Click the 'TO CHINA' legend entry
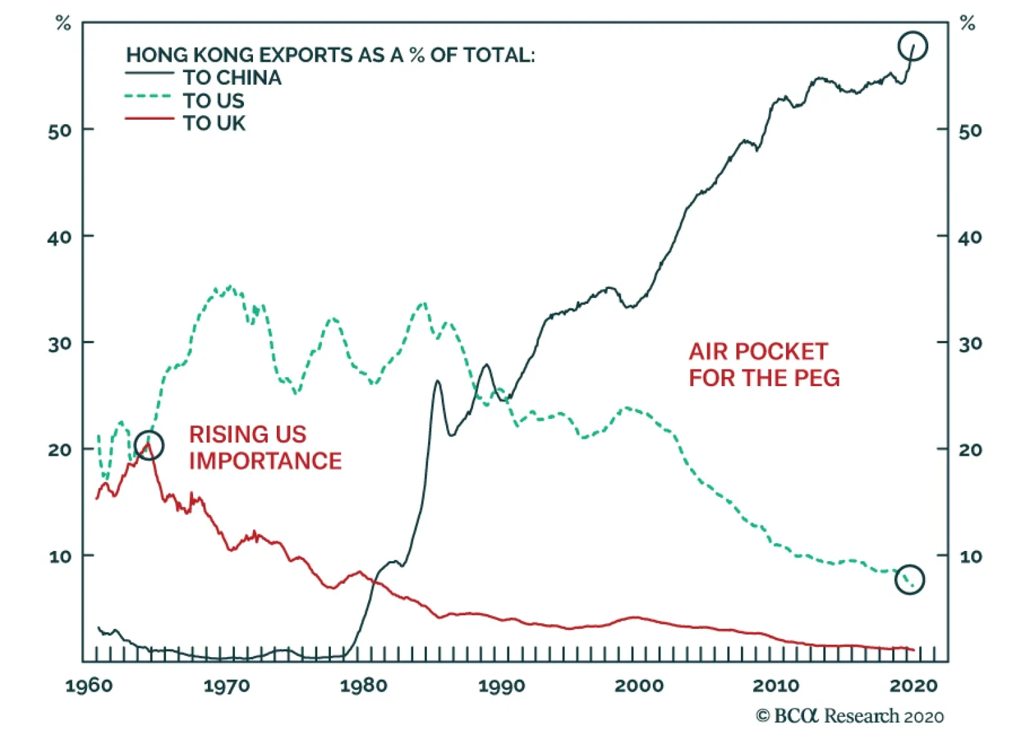(x=232, y=78)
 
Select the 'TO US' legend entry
(x=213, y=101)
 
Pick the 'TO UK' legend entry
(x=214, y=123)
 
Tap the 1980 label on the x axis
(x=364, y=685)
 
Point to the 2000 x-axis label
(x=639, y=685)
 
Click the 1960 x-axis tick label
(x=89, y=685)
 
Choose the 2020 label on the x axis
(x=913, y=685)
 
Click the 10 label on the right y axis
(x=970, y=557)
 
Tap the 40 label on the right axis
(x=970, y=238)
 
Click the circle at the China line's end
(x=912, y=46)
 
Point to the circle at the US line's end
(x=910, y=579)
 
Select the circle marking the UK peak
(x=149, y=445)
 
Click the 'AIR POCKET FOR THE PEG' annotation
(x=764, y=364)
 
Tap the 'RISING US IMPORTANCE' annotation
(x=265, y=447)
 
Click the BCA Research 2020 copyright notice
(x=850, y=716)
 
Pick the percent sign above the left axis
(x=63, y=24)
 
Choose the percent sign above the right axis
(x=967, y=24)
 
